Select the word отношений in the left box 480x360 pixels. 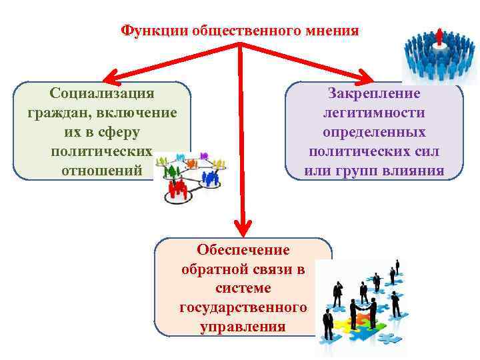[x=101, y=170]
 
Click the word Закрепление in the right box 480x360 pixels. [x=374, y=93]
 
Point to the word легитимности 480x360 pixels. [x=374, y=113]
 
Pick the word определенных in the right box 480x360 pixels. [x=374, y=132]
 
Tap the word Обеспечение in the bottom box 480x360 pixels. [x=243, y=249]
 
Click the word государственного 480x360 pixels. [x=243, y=307]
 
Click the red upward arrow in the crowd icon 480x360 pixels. [x=439, y=37]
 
